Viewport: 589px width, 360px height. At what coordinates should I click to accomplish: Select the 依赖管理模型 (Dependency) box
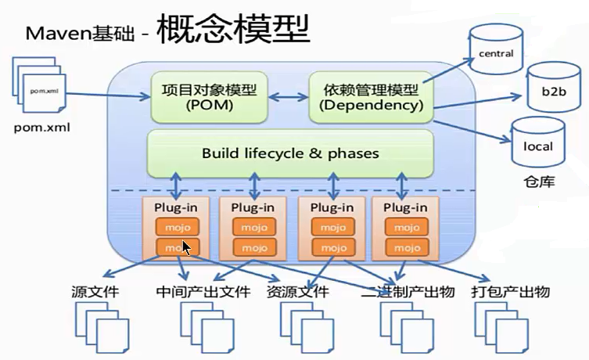pyautogui.click(x=369, y=96)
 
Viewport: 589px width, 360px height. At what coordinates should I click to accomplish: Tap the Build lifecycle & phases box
pyautogui.click(x=290, y=153)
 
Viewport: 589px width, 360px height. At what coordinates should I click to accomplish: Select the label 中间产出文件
pyautogui.click(x=203, y=292)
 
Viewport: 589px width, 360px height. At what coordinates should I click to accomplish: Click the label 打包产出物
pyautogui.click(x=512, y=292)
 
